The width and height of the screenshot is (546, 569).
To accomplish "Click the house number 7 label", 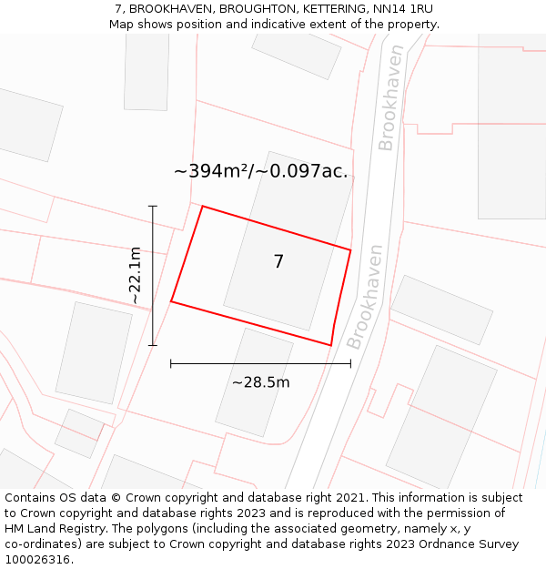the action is click(278, 262).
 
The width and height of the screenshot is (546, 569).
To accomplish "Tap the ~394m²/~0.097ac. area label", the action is click(260, 171).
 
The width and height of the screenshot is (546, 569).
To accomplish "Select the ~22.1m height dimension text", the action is click(135, 275).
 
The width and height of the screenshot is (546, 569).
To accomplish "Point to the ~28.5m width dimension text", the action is click(260, 382).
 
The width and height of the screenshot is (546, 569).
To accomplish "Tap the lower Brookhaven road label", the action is click(365, 296).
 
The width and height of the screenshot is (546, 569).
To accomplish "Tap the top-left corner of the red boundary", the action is click(202, 207).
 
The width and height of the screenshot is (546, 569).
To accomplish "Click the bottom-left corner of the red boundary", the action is click(171, 301).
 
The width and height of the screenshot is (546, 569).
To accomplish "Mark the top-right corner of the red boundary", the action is click(350, 249).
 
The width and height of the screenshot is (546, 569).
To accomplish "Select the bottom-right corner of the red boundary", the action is click(330, 345).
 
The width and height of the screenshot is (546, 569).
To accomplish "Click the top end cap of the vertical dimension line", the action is click(153, 207).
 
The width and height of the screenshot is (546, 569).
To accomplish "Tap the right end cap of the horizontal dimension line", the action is click(350, 364).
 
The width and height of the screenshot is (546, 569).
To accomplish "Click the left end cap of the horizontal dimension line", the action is click(171, 364).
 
